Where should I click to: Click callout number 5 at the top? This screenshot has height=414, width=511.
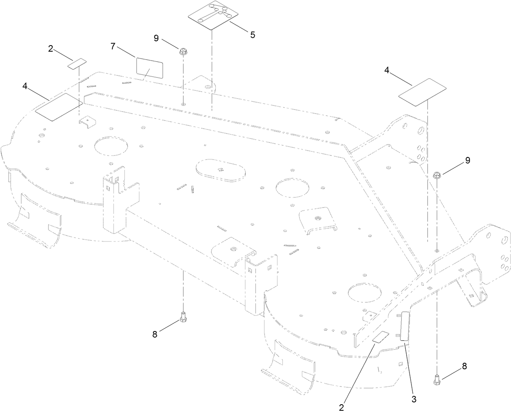(x=253, y=35)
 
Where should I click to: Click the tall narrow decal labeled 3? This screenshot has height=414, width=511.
(x=404, y=326)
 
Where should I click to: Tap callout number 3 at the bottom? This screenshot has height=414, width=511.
(x=414, y=399)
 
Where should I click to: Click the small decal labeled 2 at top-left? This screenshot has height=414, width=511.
(x=77, y=63)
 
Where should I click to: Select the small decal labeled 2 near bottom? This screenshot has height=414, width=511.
(x=381, y=337)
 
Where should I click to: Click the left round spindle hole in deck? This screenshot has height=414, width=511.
(x=109, y=147)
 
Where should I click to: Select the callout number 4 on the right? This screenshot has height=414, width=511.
(x=387, y=71)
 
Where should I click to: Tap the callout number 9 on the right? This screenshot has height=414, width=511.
(x=467, y=160)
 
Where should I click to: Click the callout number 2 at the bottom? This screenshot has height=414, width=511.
(x=342, y=406)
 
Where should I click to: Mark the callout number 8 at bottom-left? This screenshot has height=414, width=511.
(x=155, y=334)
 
